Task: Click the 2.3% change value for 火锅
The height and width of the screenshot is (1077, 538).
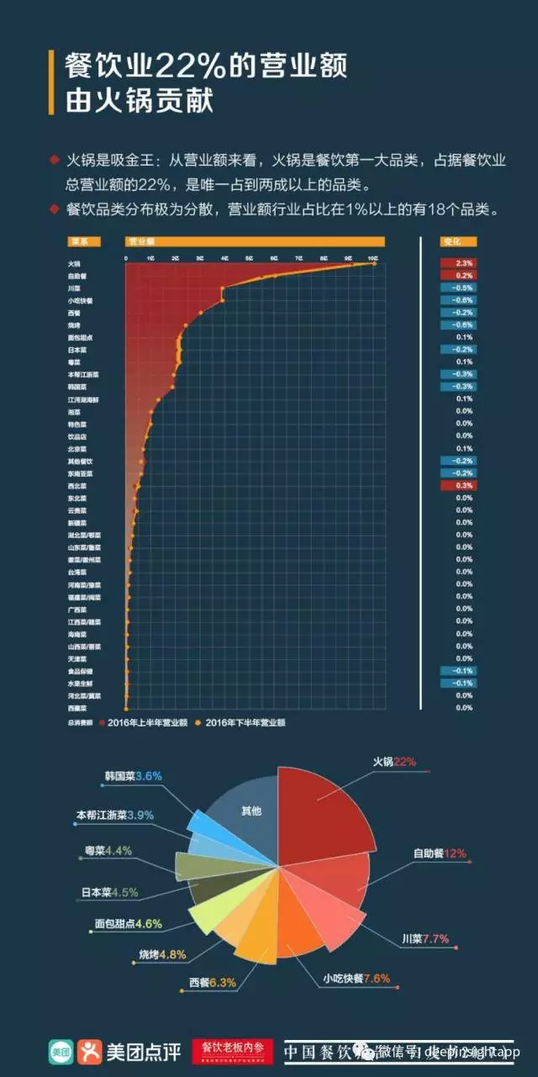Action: click(x=465, y=263)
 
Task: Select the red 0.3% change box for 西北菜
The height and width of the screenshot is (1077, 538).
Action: click(x=465, y=485)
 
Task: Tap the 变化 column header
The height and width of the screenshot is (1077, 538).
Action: click(x=453, y=241)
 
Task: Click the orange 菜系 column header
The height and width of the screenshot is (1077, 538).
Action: click(x=84, y=241)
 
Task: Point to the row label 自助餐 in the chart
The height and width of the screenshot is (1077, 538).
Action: click(x=77, y=276)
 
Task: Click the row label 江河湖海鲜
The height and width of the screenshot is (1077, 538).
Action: click(x=83, y=399)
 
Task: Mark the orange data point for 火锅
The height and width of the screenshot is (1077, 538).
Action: click(x=374, y=263)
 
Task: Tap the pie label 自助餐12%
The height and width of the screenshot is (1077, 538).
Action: click(x=439, y=853)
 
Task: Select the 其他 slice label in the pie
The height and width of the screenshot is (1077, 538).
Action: click(x=251, y=811)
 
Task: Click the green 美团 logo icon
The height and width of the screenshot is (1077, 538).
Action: click(x=59, y=1049)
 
